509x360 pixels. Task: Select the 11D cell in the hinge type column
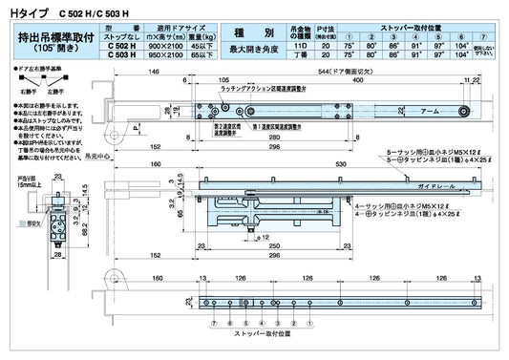300,46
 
